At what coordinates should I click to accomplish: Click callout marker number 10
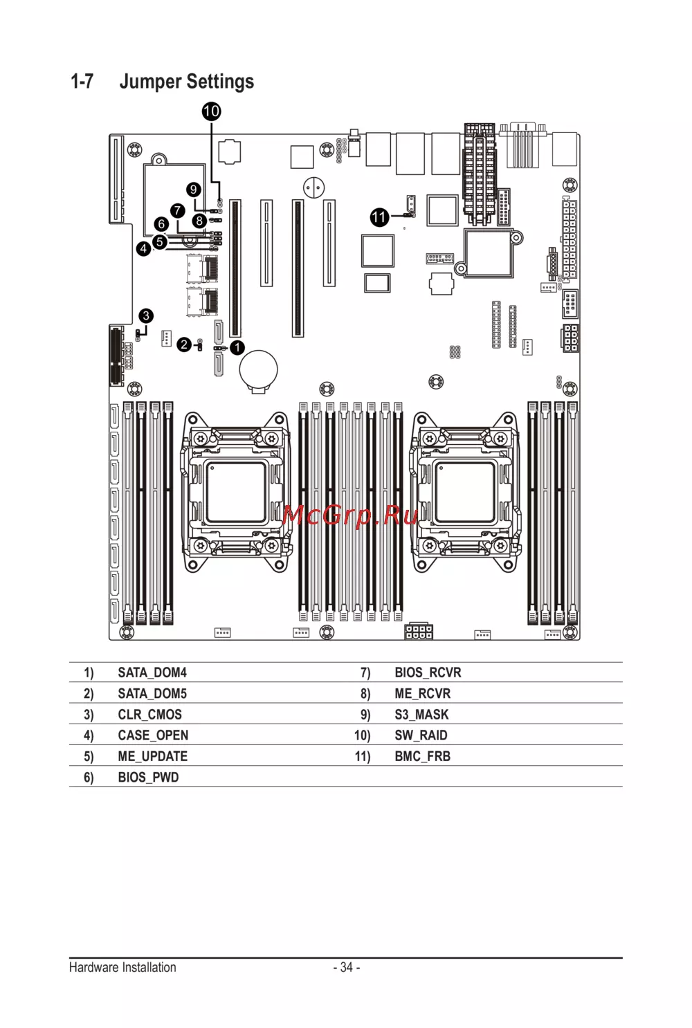(x=211, y=111)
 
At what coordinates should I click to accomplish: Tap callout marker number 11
(x=379, y=217)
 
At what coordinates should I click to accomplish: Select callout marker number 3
(x=146, y=316)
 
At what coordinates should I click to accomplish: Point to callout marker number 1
(x=237, y=347)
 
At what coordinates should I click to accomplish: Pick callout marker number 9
(x=194, y=190)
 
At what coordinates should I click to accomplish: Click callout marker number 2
(x=184, y=345)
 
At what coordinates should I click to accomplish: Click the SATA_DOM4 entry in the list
(x=152, y=672)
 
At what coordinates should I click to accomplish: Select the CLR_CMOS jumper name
(x=149, y=715)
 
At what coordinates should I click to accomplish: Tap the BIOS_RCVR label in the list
(x=428, y=672)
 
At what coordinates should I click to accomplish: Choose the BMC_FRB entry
(x=422, y=756)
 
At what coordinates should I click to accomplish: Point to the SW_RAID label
(x=421, y=735)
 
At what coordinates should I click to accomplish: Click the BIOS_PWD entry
(x=148, y=778)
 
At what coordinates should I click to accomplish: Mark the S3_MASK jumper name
(x=421, y=715)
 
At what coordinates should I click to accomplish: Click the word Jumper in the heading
(x=150, y=82)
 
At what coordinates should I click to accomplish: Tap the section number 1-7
(x=82, y=82)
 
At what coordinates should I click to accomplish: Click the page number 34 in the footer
(x=346, y=967)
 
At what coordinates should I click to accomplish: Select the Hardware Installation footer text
(x=122, y=967)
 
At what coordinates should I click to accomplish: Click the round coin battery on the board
(x=258, y=369)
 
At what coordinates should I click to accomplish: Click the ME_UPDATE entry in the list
(x=152, y=756)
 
